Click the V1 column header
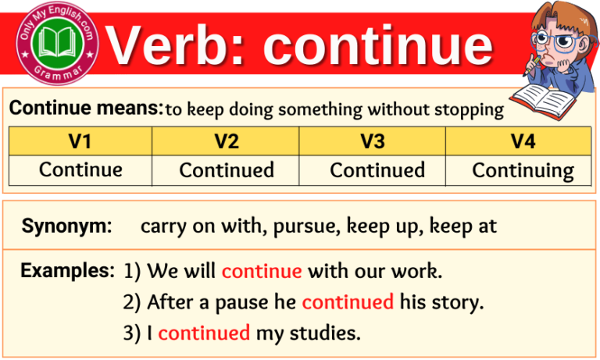[80, 141]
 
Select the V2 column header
[227, 141]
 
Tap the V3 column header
[373, 141]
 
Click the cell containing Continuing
[522, 170]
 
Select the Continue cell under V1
[80, 169]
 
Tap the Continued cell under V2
[227, 169]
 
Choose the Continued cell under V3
[377, 169]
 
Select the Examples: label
[68, 271]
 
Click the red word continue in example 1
[261, 272]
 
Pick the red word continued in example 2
[347, 301]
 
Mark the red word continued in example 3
[203, 333]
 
